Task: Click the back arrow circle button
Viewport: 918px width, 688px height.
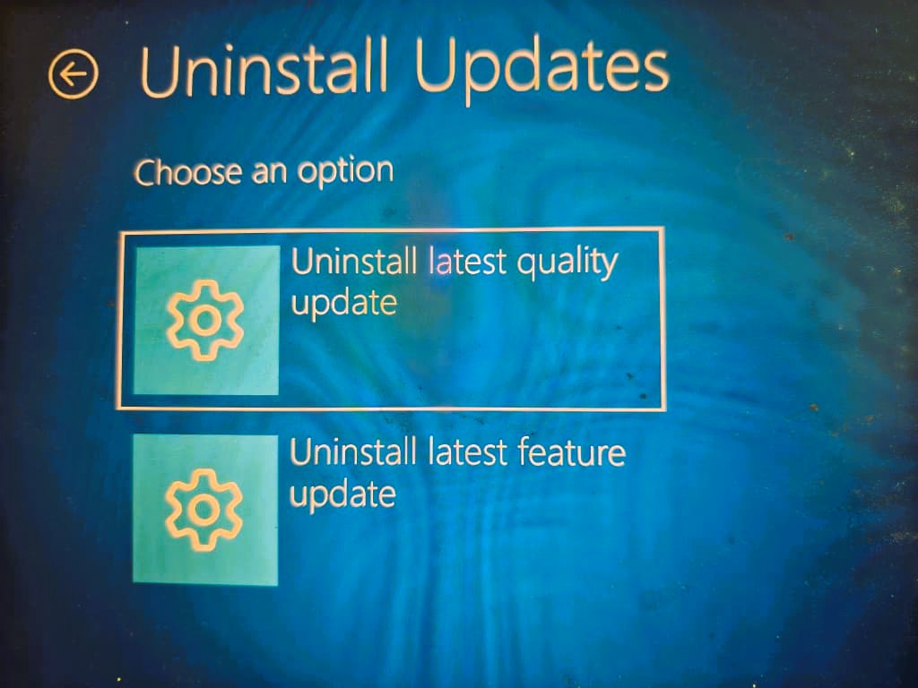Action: pyautogui.click(x=74, y=73)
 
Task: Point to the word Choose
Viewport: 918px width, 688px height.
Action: pyautogui.click(x=188, y=172)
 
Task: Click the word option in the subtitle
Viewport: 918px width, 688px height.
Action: pyautogui.click(x=345, y=172)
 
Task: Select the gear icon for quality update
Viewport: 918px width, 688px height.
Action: pyautogui.click(x=205, y=320)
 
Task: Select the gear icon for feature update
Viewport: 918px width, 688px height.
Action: pyautogui.click(x=204, y=510)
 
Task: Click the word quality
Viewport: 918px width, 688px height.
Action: pyautogui.click(x=567, y=263)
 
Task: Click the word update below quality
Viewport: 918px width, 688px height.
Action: pyautogui.click(x=343, y=304)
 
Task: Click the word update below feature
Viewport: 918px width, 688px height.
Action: pyautogui.click(x=342, y=494)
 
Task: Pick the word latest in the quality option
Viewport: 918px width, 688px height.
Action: pyautogui.click(x=467, y=262)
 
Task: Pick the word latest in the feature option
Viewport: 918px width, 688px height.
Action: pyautogui.click(x=467, y=452)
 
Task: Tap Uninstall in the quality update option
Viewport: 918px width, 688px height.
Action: pyautogui.click(x=354, y=261)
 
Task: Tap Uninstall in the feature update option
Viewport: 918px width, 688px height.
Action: pyautogui.click(x=353, y=451)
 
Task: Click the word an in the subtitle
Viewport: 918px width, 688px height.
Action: pyautogui.click(x=269, y=173)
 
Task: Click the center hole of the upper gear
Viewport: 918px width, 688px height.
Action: pyautogui.click(x=205, y=320)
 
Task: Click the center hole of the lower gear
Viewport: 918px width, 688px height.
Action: pyautogui.click(x=204, y=510)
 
